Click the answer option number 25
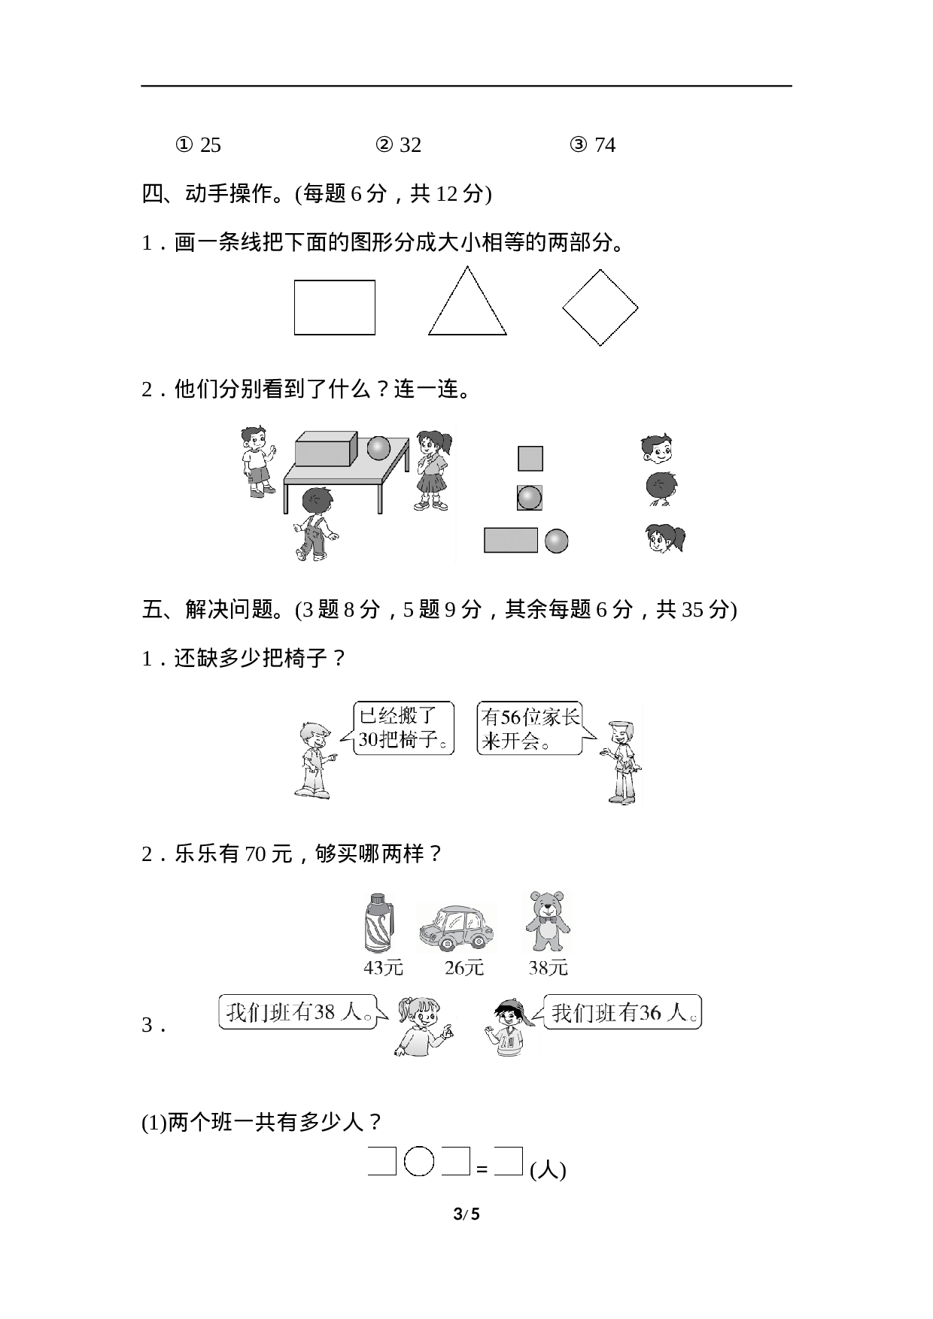[210, 144]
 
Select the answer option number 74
[605, 144]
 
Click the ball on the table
[379, 448]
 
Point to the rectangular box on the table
[326, 450]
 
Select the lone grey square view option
[530, 458]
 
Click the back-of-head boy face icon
[661, 489]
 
